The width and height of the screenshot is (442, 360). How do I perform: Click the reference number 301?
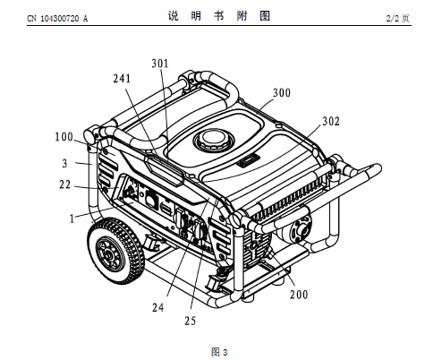pos(160,64)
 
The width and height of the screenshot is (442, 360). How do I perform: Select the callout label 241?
pos(122,79)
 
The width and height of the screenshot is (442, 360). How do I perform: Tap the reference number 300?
pos(282,93)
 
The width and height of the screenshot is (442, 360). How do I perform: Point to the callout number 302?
pos(331,121)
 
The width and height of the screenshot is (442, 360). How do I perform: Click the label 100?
pos(64,137)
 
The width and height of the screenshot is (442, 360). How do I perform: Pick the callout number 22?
pos(64,184)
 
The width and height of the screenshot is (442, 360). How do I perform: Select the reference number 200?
pos(299,295)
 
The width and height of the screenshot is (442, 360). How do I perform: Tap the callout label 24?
pos(158,307)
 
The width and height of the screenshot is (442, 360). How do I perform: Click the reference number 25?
pos(190,321)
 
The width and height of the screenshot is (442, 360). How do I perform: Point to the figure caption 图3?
pos(219,352)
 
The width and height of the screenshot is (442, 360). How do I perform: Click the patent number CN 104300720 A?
pos(57,19)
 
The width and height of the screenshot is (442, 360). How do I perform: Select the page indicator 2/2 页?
pos(397,19)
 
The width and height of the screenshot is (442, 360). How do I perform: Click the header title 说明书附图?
pos(219,16)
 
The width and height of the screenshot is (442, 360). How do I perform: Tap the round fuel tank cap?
pos(213,141)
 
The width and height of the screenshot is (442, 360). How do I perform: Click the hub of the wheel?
pos(107,254)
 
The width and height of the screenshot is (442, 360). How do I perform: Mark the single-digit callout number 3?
pos(64,164)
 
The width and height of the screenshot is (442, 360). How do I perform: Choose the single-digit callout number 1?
pos(72,219)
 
